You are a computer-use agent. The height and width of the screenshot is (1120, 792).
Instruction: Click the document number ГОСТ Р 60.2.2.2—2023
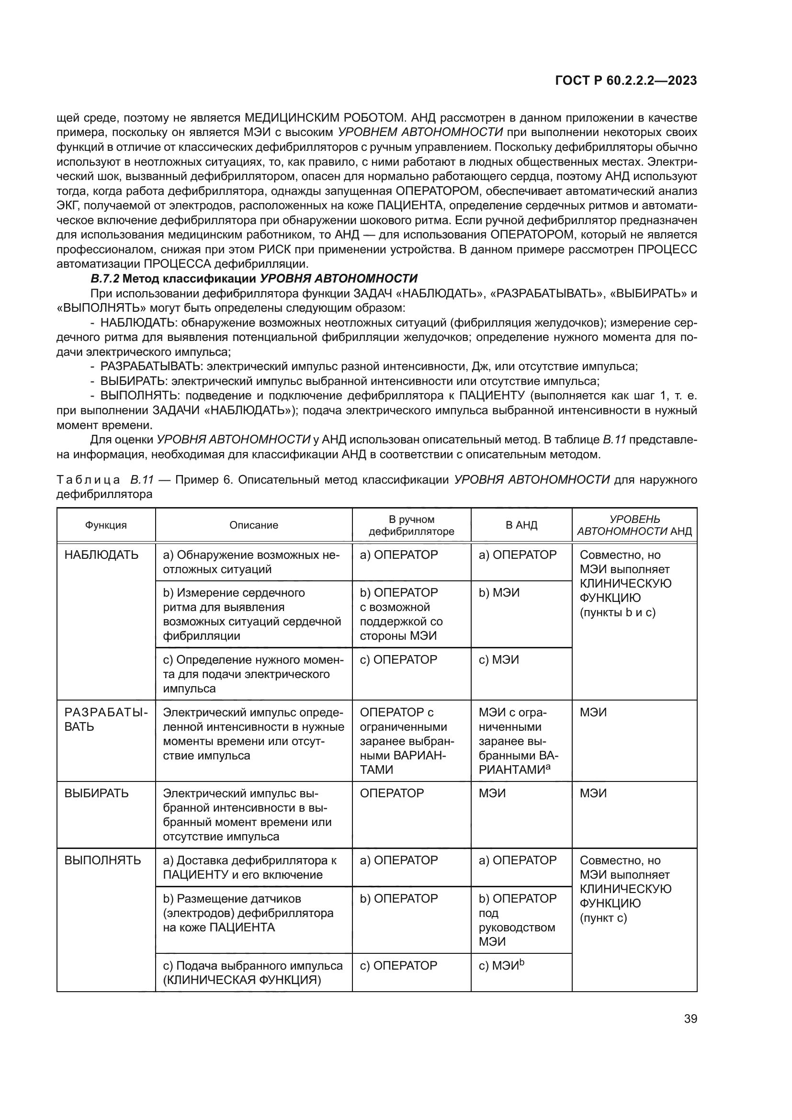coord(626,81)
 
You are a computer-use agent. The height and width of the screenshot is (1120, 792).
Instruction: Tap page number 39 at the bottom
coord(690,1019)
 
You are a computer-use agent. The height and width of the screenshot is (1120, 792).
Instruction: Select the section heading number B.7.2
coord(105,279)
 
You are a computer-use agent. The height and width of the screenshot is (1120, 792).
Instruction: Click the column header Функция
coord(106,525)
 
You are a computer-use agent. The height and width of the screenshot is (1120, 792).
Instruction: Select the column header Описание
coord(254,525)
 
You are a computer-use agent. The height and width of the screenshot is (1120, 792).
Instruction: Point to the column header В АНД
coord(521,525)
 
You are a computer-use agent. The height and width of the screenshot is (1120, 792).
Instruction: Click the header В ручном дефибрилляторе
coord(411,525)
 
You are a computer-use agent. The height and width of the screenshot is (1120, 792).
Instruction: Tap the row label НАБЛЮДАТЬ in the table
coord(102,555)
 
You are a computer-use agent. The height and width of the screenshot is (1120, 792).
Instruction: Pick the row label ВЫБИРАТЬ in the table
coord(97,793)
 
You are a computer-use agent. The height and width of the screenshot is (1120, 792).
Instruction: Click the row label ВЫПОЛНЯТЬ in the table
coord(103,860)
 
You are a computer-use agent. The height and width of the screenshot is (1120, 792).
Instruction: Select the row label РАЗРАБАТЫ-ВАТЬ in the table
coord(105,720)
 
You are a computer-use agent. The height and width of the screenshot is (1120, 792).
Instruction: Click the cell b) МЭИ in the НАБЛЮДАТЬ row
coord(499,593)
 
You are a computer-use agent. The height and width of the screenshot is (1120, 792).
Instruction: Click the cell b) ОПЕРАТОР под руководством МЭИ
coord(517,919)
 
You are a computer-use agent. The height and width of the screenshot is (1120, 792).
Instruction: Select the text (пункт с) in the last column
coord(603,918)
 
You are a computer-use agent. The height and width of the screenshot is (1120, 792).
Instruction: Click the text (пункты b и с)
coord(617,612)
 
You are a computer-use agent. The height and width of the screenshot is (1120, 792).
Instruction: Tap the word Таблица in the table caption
coord(88,480)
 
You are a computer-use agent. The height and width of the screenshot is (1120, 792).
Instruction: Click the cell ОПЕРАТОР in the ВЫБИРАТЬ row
coord(392,793)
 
